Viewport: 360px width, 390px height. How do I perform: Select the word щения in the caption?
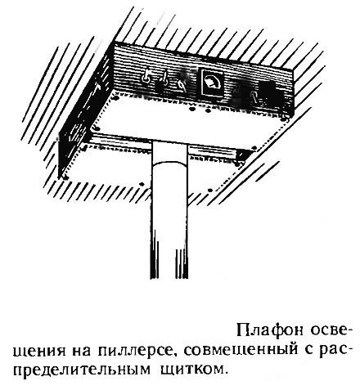[39, 352]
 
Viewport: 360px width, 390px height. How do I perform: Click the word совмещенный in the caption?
[240, 351]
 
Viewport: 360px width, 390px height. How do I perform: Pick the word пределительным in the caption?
[82, 370]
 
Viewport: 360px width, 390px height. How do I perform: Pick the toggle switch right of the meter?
[240, 94]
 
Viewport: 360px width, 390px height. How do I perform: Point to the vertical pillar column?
[169, 210]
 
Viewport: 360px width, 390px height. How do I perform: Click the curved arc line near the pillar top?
[169, 163]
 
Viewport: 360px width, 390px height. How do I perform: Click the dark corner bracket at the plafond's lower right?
[241, 156]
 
